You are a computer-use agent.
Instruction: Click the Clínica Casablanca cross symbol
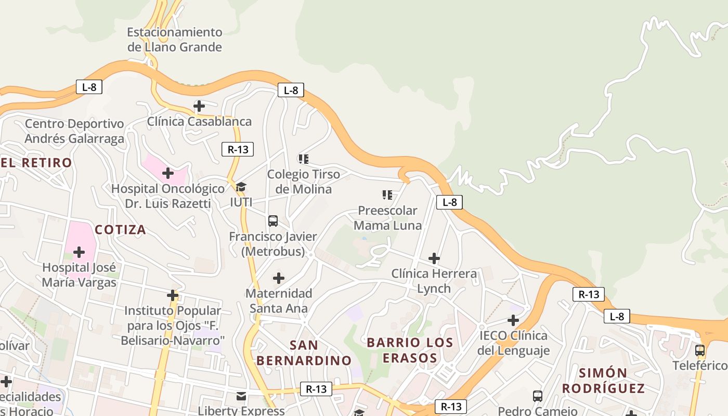pos(199,107)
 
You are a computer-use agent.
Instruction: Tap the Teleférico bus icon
pos(700,350)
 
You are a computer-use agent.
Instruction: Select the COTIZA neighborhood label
pos(120,229)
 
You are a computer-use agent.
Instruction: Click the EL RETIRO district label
pos(36,163)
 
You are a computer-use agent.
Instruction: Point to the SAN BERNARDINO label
pos(304,353)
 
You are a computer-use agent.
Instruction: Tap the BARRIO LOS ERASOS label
pos(410,350)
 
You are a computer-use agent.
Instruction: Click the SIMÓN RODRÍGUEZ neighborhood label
pos(603,380)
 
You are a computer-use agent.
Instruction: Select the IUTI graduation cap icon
pos(241,187)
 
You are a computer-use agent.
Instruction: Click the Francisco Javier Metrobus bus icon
pos(273,221)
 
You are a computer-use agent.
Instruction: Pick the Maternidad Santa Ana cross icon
pos(279,278)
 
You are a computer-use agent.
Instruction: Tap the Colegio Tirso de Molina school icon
pos(303,159)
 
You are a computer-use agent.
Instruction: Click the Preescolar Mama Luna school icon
pos(387,195)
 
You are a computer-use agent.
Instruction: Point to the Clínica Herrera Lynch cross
pos(434,258)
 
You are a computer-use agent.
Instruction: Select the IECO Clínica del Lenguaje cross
pos(513,320)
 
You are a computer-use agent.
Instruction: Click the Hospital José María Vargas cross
pos(79,253)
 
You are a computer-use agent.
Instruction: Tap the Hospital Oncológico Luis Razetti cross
pos(167,173)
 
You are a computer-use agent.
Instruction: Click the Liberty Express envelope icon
pos(241,396)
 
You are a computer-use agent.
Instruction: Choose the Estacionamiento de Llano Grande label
pos(175,40)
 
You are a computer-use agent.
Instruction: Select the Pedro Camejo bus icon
pos(538,396)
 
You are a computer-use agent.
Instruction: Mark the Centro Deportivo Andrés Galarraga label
pos(74,131)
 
